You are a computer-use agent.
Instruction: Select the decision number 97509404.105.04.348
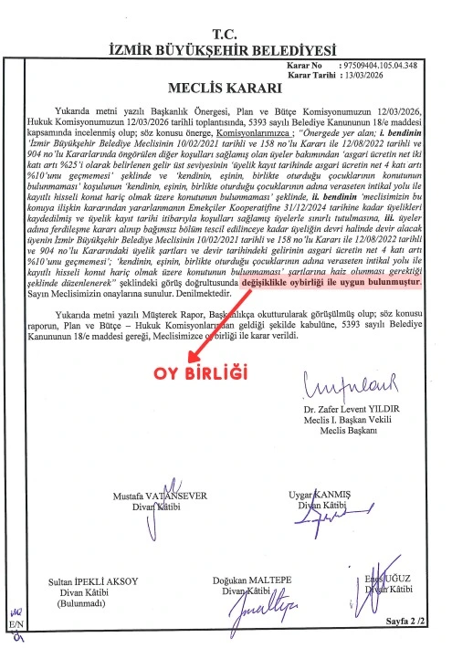pos(376,66)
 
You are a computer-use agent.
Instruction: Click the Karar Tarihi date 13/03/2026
pos(363,75)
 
